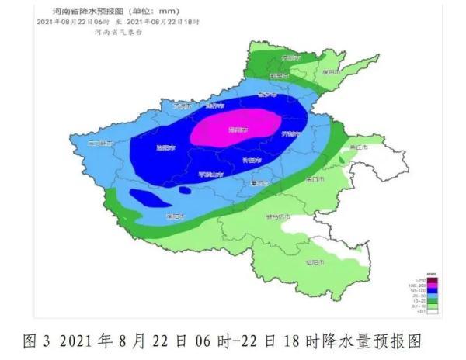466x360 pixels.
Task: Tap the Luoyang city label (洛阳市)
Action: tap(165, 147)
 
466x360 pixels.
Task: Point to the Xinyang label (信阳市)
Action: tap(314, 261)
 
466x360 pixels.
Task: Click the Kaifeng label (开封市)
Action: tap(288, 133)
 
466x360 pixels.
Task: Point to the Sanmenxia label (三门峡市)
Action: tap(101, 143)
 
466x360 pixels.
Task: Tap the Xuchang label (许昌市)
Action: tap(250, 160)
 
